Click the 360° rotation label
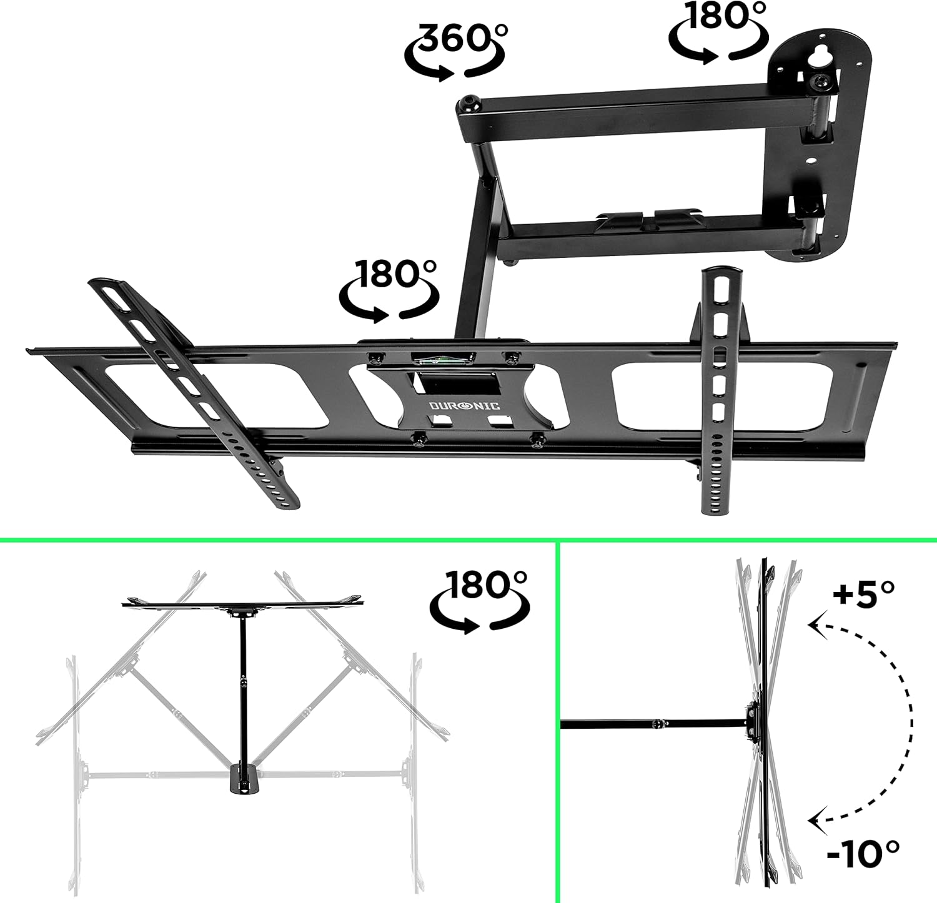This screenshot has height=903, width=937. [454, 50]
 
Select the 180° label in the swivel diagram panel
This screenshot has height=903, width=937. [480, 600]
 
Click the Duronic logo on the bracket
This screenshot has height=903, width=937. [464, 406]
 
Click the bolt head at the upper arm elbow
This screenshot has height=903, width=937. [468, 104]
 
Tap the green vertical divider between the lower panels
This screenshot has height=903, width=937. [557, 718]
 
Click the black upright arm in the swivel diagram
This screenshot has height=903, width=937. [242, 687]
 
